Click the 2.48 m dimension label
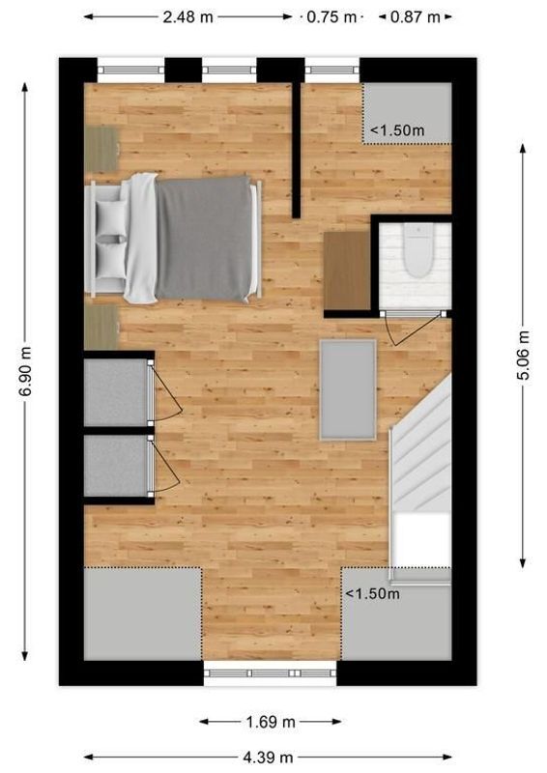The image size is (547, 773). pos(187,16)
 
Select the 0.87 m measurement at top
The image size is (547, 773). pos(416,16)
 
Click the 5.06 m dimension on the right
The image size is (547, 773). pos(523,356)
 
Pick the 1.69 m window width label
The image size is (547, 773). pos(271,721)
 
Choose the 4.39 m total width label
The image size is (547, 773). pos(269,757)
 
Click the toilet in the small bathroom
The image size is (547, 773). pos(417,251)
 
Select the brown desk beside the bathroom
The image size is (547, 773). pos(347,268)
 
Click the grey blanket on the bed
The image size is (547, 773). pos(203,239)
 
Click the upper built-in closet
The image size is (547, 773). pos(114,391)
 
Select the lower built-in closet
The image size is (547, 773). pos(114,467)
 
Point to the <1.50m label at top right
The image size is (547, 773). pos(397,129)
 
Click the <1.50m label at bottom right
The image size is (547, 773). pos(372,593)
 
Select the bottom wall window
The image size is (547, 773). pos(270,673)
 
